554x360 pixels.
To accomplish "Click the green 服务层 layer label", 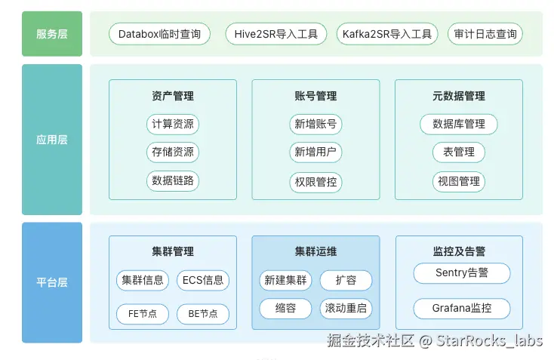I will pyautogui.click(x=52, y=34).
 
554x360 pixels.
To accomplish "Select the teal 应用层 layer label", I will pyautogui.click(x=52, y=140).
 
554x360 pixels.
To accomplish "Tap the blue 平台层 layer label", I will pyautogui.click(x=52, y=283).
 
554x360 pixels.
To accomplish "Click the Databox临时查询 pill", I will pyautogui.click(x=160, y=34).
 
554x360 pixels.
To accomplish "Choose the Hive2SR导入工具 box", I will pyautogui.click(x=276, y=34).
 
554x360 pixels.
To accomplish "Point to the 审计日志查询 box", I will pyautogui.click(x=485, y=34).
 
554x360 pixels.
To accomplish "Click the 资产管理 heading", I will pyautogui.click(x=172, y=97).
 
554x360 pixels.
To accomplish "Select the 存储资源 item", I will pyautogui.click(x=172, y=152).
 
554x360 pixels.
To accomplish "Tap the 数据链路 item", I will pyautogui.click(x=172, y=180).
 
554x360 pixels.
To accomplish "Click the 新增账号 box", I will pyautogui.click(x=315, y=124).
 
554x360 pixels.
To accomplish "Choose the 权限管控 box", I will pyautogui.click(x=315, y=182).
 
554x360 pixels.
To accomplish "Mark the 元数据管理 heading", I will pyautogui.click(x=458, y=97).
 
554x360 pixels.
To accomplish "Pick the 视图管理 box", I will pyautogui.click(x=458, y=181).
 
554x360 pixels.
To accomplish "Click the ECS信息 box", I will pyautogui.click(x=203, y=281).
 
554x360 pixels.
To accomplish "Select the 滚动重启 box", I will pyautogui.click(x=346, y=309).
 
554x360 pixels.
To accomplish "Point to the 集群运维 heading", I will pyautogui.click(x=315, y=251).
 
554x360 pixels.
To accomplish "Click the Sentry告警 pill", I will pyautogui.click(x=462, y=273).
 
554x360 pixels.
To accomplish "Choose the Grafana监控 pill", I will pyautogui.click(x=462, y=308).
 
